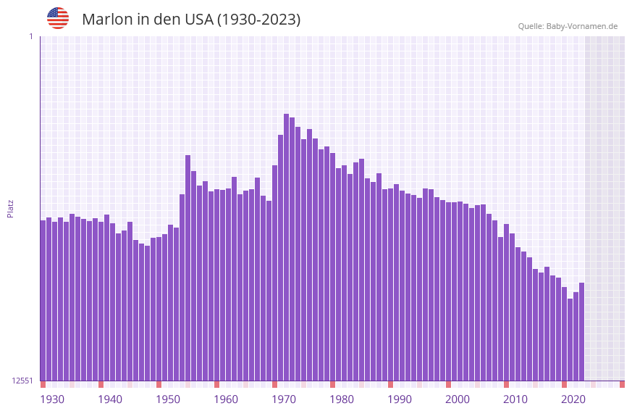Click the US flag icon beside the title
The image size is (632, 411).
pyautogui.click(x=58, y=18)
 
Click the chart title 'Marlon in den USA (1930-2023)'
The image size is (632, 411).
pyautogui.click(x=191, y=20)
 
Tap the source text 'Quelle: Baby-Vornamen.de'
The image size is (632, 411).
pyautogui.click(x=568, y=26)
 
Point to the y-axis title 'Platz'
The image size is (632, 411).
pyautogui.click(x=10, y=209)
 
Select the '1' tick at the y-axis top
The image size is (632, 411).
pyautogui.click(x=30, y=36)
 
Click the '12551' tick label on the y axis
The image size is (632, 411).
pyautogui.click(x=22, y=381)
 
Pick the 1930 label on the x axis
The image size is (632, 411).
pyautogui.click(x=52, y=399)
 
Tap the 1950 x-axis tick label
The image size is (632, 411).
pyautogui.click(x=168, y=399)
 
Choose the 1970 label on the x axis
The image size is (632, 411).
pyautogui.click(x=284, y=399)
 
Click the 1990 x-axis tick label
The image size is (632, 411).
pyautogui.click(x=400, y=399)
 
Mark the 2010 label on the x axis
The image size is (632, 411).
pyautogui.click(x=515, y=399)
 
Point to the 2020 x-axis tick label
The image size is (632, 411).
pyautogui.click(x=573, y=399)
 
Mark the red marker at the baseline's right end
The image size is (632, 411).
pyautogui.click(x=622, y=384)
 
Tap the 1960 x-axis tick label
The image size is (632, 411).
pyautogui.click(x=226, y=399)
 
